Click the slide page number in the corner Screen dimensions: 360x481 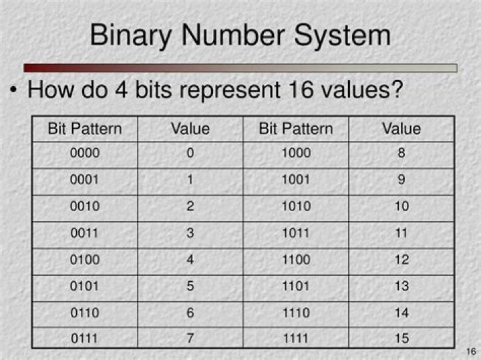point(469,351)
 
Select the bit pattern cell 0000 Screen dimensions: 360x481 point(85,154)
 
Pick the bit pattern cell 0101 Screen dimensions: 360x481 point(85,286)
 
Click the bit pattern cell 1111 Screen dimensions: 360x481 point(295,339)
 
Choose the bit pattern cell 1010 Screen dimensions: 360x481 point(295,206)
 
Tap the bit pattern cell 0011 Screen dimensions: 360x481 point(85,233)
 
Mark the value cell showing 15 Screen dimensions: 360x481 point(401,339)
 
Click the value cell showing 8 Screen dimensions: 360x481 point(401,154)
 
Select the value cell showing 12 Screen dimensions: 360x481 point(401,260)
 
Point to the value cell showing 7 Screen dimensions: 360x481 point(190,339)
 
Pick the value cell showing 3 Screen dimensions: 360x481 point(190,233)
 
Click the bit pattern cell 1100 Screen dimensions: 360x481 point(295,260)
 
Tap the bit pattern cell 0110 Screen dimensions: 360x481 point(85,313)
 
